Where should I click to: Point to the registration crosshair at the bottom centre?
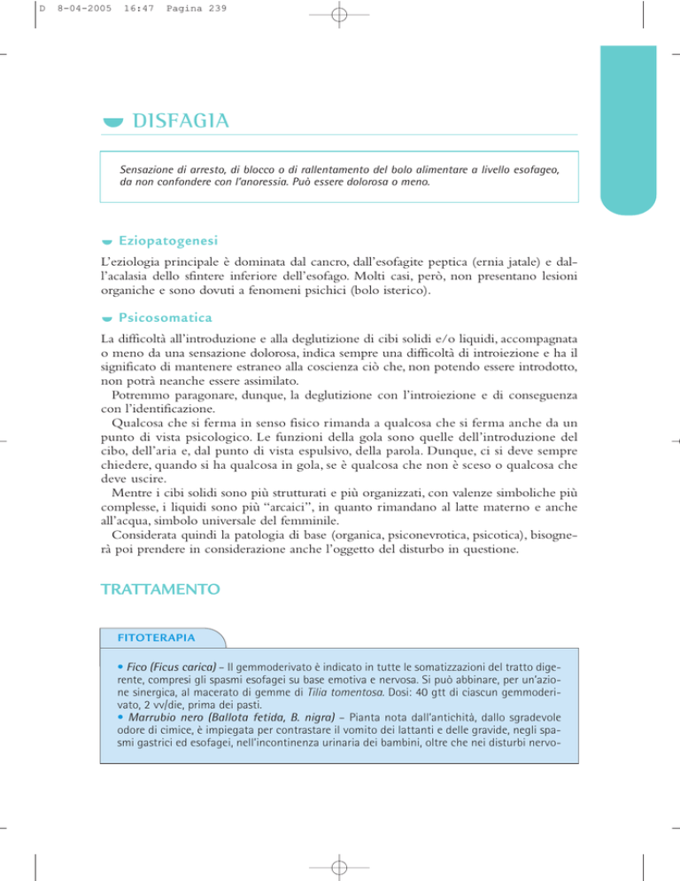coord(340,865)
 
